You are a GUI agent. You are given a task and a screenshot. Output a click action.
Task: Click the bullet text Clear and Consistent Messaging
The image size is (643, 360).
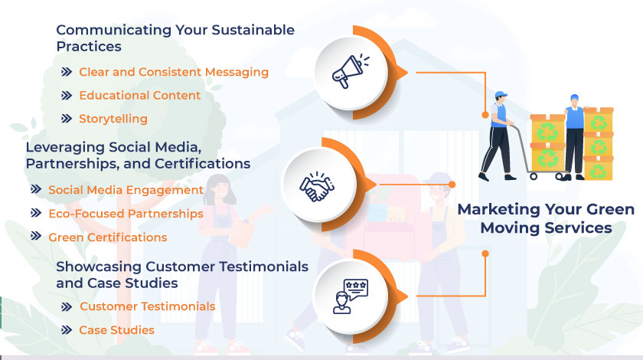[174, 72]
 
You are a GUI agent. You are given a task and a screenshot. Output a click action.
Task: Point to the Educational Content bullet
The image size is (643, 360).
[139, 96]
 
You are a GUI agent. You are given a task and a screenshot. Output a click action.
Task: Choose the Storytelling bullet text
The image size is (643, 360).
[113, 119]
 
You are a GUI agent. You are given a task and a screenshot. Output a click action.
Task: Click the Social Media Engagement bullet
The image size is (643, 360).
[126, 190]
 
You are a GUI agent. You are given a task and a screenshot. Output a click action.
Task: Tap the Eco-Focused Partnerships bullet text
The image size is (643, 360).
[126, 213]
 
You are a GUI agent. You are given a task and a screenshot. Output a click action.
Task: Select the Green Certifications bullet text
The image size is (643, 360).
[107, 237]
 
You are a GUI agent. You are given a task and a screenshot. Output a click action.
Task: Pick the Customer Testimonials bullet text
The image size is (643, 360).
[147, 306]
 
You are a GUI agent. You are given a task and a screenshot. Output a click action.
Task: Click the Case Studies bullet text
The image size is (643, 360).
[116, 330]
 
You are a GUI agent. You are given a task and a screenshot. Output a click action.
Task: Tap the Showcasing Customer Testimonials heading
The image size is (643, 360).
[182, 274]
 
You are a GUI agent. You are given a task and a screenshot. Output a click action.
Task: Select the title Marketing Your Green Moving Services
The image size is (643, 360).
[545, 218]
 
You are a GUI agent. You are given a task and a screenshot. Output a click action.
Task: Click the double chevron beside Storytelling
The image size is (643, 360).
[67, 119]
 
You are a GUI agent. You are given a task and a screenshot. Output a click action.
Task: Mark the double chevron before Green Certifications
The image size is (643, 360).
[36, 237]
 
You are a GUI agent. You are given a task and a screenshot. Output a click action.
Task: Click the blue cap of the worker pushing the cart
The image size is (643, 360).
[501, 95]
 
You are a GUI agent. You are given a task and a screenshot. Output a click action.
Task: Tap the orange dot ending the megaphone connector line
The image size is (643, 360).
[485, 116]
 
